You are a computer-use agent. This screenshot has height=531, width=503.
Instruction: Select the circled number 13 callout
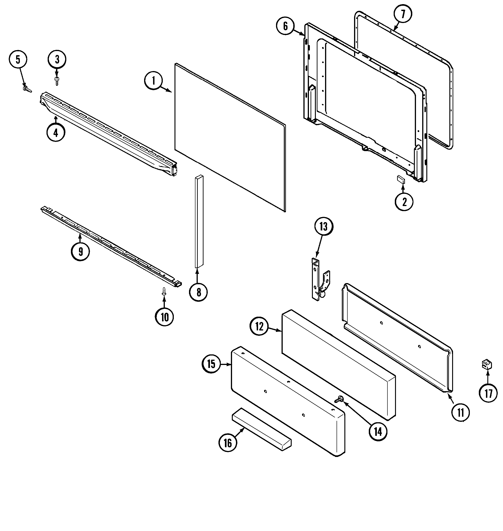[323, 227]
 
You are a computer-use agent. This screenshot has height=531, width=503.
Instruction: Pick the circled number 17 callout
[488, 393]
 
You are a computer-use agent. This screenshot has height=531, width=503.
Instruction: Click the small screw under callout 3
[57, 81]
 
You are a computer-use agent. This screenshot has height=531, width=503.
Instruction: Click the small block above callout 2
[401, 179]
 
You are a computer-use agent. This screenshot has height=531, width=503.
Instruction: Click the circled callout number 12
[259, 327]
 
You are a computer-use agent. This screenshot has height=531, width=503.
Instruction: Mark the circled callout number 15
[211, 364]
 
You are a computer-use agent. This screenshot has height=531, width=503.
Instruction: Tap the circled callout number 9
[80, 251]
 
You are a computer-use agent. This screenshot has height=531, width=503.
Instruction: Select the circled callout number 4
[56, 132]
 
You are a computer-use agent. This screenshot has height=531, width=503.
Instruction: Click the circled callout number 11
[460, 413]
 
